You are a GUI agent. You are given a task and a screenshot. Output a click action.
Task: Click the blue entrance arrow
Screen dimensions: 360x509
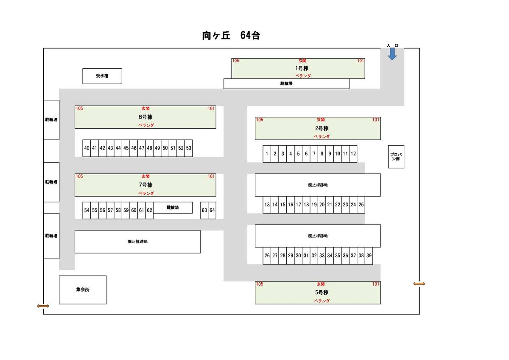[x=392, y=53]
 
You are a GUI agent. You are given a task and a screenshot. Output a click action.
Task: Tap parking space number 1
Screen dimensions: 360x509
[x=267, y=154]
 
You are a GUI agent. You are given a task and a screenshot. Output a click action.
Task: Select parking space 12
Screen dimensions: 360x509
[x=353, y=154]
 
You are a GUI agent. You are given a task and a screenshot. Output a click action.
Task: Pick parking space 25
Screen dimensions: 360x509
[x=361, y=205]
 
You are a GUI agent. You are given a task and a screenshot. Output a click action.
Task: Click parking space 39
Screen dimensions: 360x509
[x=369, y=256]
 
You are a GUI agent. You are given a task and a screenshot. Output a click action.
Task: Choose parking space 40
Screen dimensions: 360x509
[x=87, y=148]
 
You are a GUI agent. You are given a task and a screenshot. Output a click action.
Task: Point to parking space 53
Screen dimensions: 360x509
[x=189, y=148]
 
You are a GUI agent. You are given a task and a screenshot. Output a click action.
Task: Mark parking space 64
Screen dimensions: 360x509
[x=212, y=210]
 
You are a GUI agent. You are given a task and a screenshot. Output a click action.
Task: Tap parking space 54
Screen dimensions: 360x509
[x=87, y=210]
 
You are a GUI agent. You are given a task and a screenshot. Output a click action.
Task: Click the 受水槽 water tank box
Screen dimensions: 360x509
[x=102, y=76]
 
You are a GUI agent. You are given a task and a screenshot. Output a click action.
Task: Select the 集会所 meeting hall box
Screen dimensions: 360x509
[x=83, y=290]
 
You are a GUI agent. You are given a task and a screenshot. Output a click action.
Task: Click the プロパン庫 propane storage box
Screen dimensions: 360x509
[x=396, y=157]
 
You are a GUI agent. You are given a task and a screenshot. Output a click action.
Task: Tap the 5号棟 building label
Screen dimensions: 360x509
[x=322, y=292]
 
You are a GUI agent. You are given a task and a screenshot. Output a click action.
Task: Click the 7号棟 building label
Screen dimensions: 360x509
[x=145, y=185]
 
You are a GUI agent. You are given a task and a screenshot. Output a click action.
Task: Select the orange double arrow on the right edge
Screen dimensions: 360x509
[x=419, y=284]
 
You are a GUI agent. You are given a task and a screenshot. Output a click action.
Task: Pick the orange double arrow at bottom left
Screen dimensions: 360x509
[x=43, y=306]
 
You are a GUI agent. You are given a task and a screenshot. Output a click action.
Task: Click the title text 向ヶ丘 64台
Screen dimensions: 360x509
[x=231, y=36]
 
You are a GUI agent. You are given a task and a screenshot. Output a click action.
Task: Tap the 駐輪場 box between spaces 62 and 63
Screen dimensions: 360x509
[x=173, y=208]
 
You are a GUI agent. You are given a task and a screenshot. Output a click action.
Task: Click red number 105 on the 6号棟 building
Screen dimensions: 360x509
[x=79, y=108]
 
